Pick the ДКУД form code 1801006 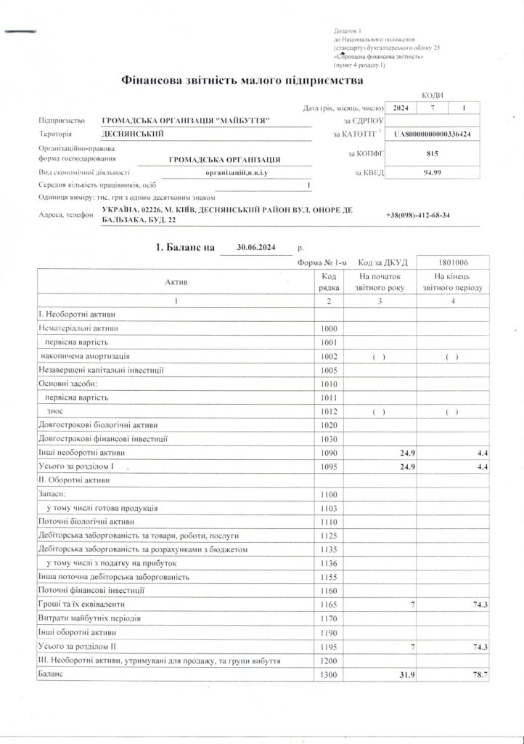(x=452, y=262)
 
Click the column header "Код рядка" (x=329, y=282)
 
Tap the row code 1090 (x=329, y=453)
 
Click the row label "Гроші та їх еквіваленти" (x=82, y=604)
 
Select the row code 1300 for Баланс (x=329, y=675)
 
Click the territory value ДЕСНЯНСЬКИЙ (x=133, y=134)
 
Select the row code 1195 (x=329, y=647)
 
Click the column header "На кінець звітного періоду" (x=453, y=282)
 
